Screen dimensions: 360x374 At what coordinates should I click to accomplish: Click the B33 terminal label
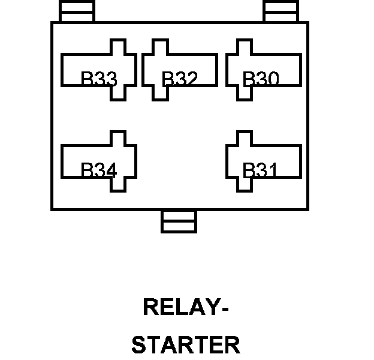[99, 79]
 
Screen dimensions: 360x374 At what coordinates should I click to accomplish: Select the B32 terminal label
[179, 79]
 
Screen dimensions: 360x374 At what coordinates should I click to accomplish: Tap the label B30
[261, 79]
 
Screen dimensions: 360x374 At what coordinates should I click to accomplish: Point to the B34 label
[99, 170]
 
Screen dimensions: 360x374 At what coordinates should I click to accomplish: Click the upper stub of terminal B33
[118, 47]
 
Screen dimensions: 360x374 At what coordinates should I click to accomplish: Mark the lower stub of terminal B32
[159, 93]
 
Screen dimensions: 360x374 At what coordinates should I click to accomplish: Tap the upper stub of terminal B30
[243, 47]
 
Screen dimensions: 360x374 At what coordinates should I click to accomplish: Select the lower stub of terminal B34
[118, 185]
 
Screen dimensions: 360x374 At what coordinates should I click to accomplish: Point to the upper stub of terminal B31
[243, 138]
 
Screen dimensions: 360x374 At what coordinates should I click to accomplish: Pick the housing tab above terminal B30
[282, 11]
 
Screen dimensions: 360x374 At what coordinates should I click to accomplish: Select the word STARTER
[185, 345]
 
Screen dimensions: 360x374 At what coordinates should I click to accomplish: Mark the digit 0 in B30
[271, 79]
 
